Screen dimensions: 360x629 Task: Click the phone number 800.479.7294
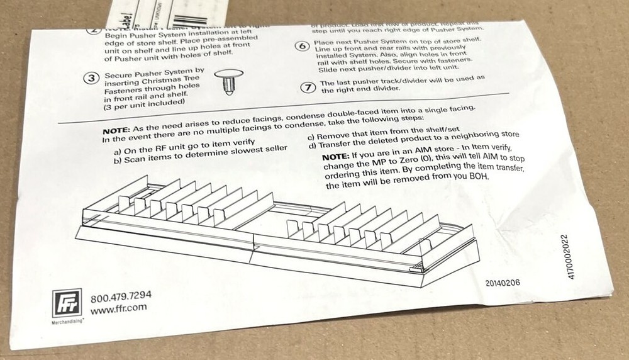(x=121, y=297)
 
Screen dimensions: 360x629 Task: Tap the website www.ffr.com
(x=119, y=308)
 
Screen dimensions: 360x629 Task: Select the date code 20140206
(x=503, y=283)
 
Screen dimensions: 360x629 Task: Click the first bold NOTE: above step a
(x=117, y=130)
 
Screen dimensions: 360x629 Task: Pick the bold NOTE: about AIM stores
(x=337, y=157)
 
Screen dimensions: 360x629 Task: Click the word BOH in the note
(x=478, y=177)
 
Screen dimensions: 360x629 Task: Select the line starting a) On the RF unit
(x=177, y=150)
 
